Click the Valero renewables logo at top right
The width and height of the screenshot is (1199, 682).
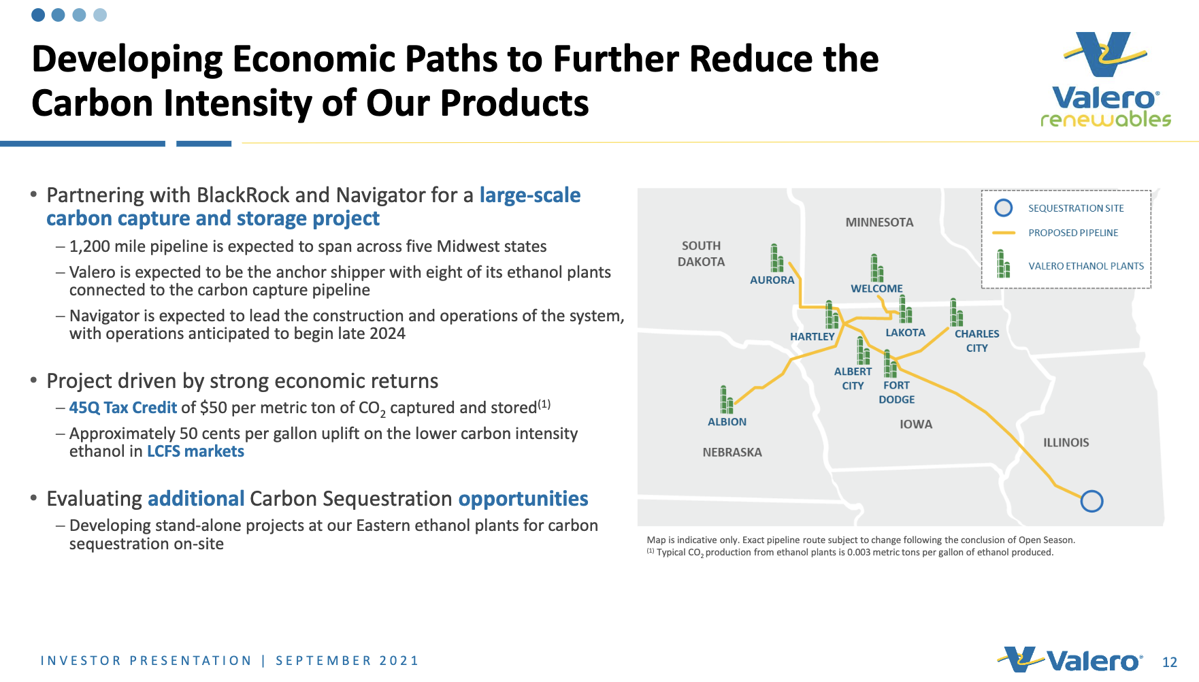1106,80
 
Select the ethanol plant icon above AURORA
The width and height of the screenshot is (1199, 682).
776,258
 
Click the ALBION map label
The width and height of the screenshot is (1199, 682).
727,422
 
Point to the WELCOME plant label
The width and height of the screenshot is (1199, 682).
876,289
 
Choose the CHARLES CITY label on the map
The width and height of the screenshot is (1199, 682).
976,340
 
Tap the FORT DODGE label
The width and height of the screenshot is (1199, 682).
896,392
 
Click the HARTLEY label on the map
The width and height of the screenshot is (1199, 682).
812,336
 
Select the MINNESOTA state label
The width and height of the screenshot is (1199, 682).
879,223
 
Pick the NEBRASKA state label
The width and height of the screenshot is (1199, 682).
732,452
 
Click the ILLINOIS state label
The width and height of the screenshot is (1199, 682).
1066,442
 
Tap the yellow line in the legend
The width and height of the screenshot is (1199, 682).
1004,233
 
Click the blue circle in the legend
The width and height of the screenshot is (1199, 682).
1004,208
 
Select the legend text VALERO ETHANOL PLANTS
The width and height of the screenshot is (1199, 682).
1086,266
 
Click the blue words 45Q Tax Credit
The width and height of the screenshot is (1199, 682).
123,408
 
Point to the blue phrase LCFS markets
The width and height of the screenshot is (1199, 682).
195,451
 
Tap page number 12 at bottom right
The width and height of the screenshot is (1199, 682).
1169,662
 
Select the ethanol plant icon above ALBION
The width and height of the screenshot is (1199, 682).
726,400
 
